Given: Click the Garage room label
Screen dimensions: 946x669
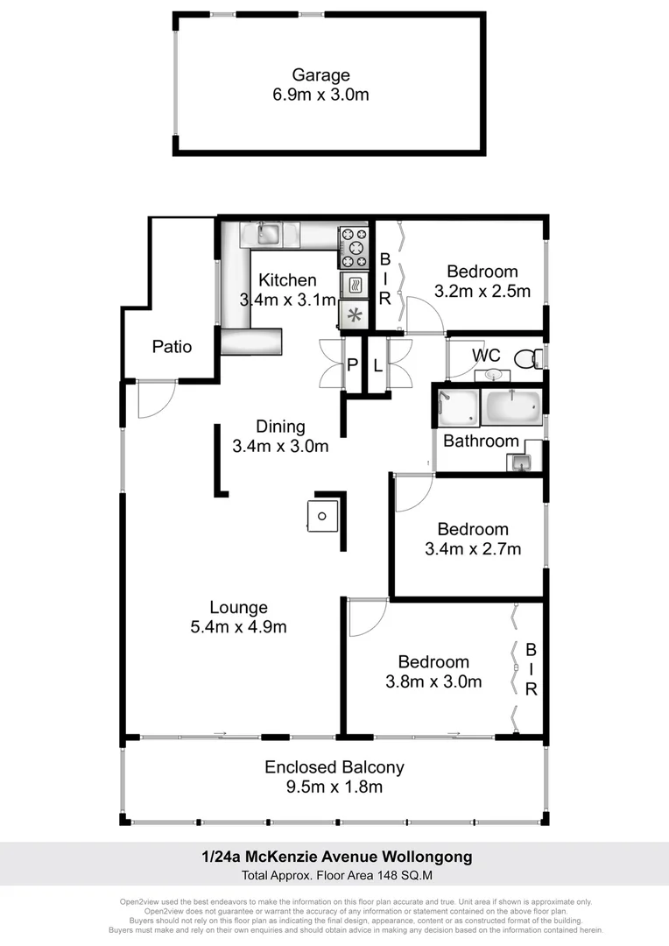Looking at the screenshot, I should coord(320,75).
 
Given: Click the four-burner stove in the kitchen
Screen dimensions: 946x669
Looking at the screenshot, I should coord(353,247).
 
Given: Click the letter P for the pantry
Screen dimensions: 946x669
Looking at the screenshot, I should coord(353,365).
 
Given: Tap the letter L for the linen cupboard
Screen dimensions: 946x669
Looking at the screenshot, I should coord(377,365).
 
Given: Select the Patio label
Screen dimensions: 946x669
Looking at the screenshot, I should coord(172,346).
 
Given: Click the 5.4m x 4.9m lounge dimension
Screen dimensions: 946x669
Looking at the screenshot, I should coord(238,627).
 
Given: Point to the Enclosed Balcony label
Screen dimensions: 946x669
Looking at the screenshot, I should coord(334,767).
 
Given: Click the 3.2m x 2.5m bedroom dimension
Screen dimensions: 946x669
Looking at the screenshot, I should coord(482,292).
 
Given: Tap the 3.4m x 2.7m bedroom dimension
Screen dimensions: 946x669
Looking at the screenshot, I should coord(473,549).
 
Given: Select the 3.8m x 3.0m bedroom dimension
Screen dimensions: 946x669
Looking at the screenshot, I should coord(433,682).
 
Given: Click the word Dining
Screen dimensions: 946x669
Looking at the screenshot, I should coord(280,427).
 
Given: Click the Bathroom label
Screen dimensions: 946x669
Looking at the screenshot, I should coord(481,441).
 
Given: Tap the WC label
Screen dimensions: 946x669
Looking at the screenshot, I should coord(486,356).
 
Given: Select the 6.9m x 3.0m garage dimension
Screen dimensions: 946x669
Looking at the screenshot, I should coord(320,95).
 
